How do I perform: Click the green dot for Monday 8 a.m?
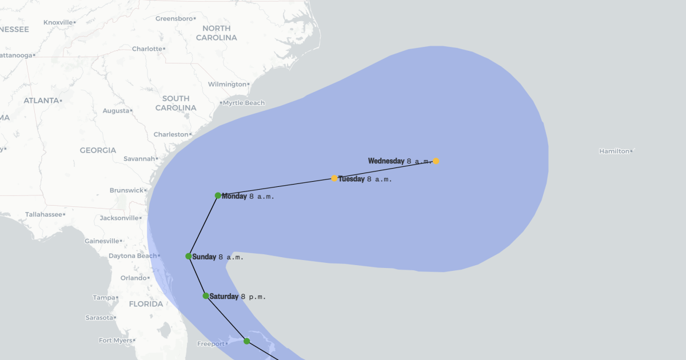tap(218, 195)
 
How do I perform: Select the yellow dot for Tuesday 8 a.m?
tap(334, 178)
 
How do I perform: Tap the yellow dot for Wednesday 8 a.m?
tap(436, 161)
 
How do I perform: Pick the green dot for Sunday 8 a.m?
tap(189, 256)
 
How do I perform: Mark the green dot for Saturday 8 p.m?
tap(206, 296)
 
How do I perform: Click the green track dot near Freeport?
tap(247, 341)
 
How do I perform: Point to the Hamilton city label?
tap(614, 151)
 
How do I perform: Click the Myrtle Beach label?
tap(244, 103)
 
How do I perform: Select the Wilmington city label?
tap(226, 84)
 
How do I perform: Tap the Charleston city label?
tap(170, 134)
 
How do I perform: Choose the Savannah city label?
tap(139, 158)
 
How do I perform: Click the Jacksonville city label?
tap(119, 218)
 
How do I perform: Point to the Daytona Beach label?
tap(132, 255)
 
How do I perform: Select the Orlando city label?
tap(134, 278)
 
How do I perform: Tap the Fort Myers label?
tap(115, 340)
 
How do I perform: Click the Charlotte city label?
tap(147, 49)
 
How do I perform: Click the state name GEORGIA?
tap(98, 150)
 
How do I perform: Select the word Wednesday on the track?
tap(386, 161)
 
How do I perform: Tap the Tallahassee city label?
tap(43, 214)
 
